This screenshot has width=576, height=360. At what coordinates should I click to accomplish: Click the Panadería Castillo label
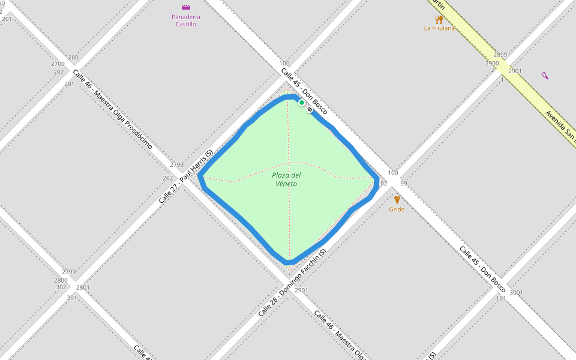(x=186, y=20)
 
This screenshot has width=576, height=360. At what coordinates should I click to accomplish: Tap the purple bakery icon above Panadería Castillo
(x=186, y=7)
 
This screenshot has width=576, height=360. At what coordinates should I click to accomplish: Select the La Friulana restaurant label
(x=439, y=28)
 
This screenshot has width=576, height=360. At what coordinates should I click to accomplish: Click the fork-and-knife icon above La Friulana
(x=439, y=19)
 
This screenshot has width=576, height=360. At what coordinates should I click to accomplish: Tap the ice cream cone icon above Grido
(x=397, y=200)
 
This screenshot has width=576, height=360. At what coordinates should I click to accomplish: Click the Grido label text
(x=397, y=209)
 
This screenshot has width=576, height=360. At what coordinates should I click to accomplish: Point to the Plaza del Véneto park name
(x=286, y=179)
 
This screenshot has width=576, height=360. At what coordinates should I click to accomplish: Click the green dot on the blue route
(x=302, y=103)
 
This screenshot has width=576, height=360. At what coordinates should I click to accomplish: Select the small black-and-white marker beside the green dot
(x=310, y=110)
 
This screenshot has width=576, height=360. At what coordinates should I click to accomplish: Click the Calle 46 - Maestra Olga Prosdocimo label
(x=112, y=109)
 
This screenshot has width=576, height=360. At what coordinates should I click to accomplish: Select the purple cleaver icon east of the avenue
(x=545, y=76)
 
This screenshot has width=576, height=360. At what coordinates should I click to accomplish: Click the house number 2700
(x=58, y=64)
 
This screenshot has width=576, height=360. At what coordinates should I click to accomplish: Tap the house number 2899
(x=500, y=55)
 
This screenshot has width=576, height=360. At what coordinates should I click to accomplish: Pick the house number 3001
(x=516, y=293)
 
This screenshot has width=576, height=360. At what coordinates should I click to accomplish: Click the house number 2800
(x=61, y=280)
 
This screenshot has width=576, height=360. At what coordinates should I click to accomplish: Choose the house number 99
(x=403, y=184)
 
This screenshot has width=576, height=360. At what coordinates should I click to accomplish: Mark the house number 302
(x=61, y=287)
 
